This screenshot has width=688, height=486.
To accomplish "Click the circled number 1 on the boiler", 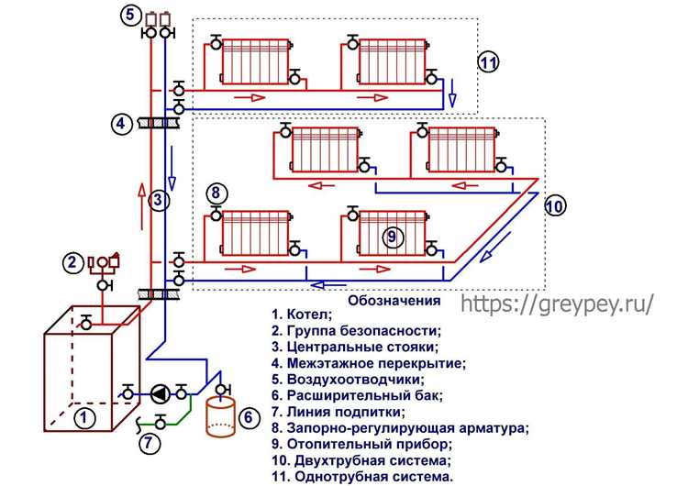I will [85, 419].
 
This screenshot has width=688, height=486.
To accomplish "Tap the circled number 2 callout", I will [72, 263].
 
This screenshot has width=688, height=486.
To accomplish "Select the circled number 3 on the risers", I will [158, 199].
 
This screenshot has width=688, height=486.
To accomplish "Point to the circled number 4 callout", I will [121, 123].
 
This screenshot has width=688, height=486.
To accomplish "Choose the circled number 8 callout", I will [215, 193].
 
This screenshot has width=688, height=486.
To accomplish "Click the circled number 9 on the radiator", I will [391, 237].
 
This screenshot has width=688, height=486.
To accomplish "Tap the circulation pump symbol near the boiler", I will [160, 394].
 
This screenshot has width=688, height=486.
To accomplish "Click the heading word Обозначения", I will [394, 301].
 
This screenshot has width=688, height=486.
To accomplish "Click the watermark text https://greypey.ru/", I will [558, 304].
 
